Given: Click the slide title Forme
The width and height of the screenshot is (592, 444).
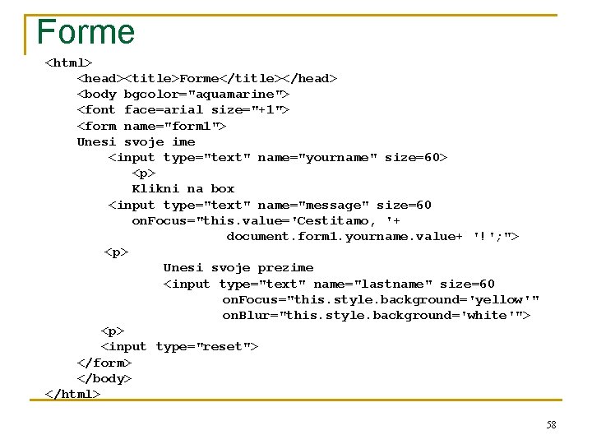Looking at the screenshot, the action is pyautogui.click(x=86, y=32).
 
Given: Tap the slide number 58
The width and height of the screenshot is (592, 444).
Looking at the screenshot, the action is pyautogui.click(x=551, y=425).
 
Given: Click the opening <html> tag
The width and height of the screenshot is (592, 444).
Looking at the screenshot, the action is pyautogui.click(x=68, y=62).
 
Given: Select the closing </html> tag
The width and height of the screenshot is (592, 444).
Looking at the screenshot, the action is pyautogui.click(x=72, y=394).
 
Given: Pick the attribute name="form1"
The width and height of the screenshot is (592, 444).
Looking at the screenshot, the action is pyautogui.click(x=174, y=126).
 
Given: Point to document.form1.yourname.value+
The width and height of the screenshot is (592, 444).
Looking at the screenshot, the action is pyautogui.click(x=345, y=237).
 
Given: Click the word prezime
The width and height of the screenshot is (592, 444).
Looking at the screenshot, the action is pyautogui.click(x=285, y=268).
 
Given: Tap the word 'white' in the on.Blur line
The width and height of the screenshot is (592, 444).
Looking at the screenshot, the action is pyautogui.click(x=490, y=315).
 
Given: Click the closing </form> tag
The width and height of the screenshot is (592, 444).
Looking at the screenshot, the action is pyautogui.click(x=104, y=363).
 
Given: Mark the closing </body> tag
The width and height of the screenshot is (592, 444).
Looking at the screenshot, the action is pyautogui.click(x=104, y=378).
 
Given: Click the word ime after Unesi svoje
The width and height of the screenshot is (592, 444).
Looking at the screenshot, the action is pyautogui.click(x=183, y=141).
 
